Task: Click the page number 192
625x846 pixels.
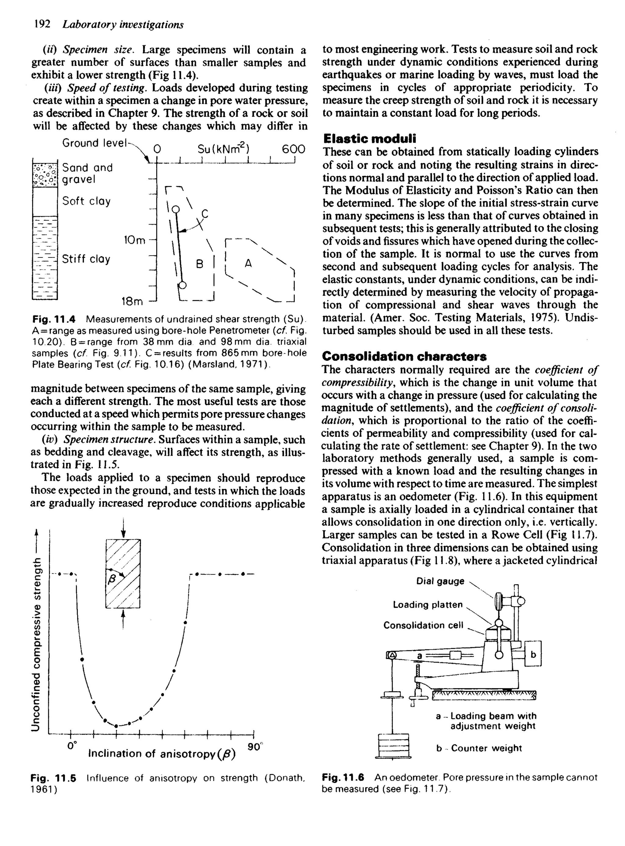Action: (x=42, y=24)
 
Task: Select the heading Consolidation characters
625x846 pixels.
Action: (x=404, y=356)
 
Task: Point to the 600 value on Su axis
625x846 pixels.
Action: (x=293, y=149)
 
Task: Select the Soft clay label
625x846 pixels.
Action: (x=86, y=201)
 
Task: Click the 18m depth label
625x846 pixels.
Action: (x=132, y=302)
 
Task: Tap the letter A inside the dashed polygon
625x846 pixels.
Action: (x=248, y=263)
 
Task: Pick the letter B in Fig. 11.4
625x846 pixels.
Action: (x=200, y=264)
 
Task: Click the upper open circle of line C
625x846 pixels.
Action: (x=176, y=209)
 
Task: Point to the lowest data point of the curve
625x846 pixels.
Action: (x=116, y=726)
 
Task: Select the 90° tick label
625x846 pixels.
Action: (x=255, y=747)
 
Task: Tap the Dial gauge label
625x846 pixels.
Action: (x=440, y=581)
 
